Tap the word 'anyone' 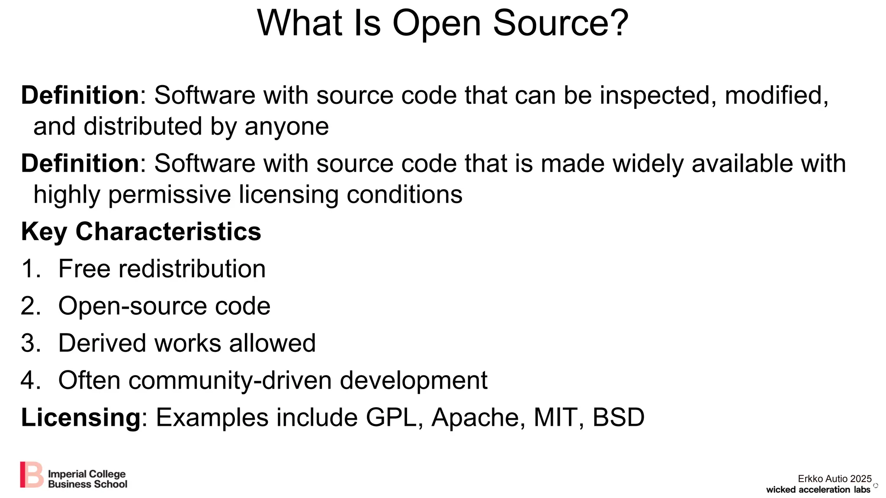(286, 127)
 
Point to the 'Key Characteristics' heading (141, 232)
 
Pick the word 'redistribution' (192, 269)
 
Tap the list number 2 (29, 306)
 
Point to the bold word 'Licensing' (81, 418)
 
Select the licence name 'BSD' (619, 418)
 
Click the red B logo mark (32, 475)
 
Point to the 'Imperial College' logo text (87, 474)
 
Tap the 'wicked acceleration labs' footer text (818, 490)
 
